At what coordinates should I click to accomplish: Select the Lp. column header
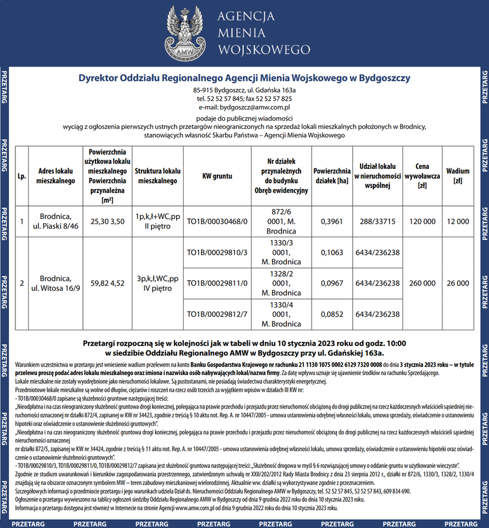pyautogui.click(x=22, y=175)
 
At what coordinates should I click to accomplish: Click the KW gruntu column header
pyautogui.click(x=217, y=175)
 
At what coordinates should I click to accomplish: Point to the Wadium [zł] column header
pyautogui.click(x=458, y=175)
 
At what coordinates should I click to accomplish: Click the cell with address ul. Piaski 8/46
pyautogui.click(x=56, y=221)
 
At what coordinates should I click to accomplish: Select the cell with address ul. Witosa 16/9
pyautogui.click(x=56, y=283)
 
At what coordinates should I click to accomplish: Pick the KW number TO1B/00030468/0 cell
pyautogui.click(x=217, y=221)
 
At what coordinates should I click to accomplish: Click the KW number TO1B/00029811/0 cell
pyautogui.click(x=217, y=283)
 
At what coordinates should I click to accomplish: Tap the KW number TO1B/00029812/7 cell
pyautogui.click(x=217, y=314)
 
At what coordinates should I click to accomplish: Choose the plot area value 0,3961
pyautogui.click(x=331, y=221)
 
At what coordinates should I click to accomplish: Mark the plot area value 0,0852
pyautogui.click(x=331, y=314)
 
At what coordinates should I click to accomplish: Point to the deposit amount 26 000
pyautogui.click(x=458, y=283)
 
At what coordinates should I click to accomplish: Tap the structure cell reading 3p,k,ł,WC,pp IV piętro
pyautogui.click(x=157, y=283)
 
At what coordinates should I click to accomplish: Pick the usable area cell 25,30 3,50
pyautogui.click(x=108, y=221)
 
